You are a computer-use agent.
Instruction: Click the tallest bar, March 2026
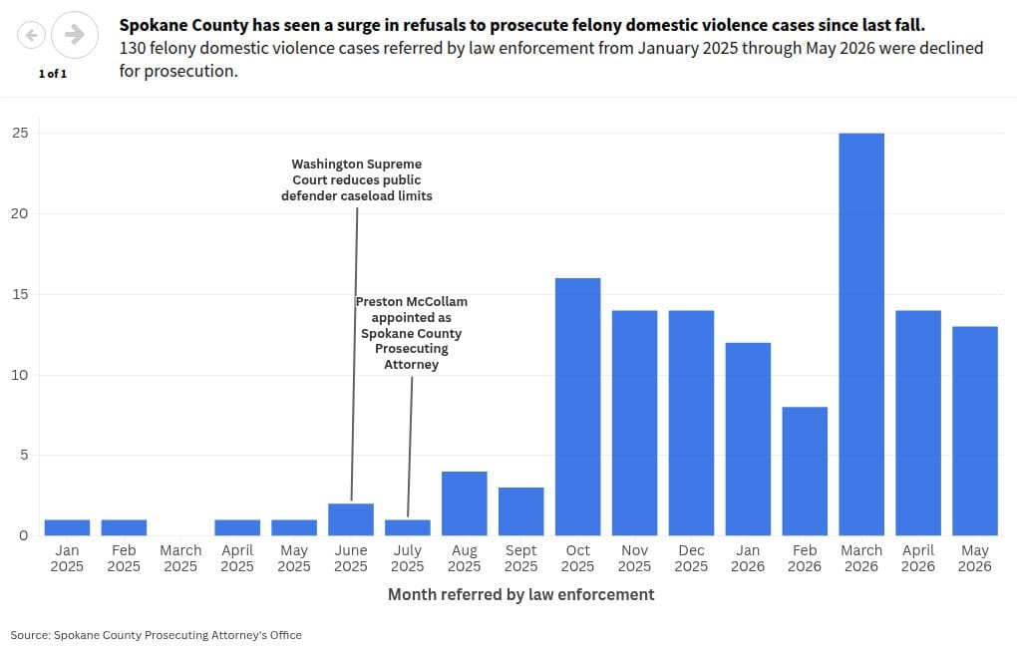pyautogui.click(x=861, y=334)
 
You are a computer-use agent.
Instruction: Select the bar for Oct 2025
pyautogui.click(x=578, y=407)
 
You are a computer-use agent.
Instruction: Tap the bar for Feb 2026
pyautogui.click(x=805, y=472)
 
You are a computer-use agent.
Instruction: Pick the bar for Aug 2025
pyautogui.click(x=465, y=503)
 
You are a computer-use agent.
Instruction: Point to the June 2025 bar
pyautogui.click(x=351, y=519)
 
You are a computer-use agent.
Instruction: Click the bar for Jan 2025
pyautogui.click(x=68, y=527)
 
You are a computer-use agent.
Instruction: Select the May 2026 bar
pyautogui.click(x=975, y=432)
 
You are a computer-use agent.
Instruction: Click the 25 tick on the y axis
pyautogui.click(x=20, y=133)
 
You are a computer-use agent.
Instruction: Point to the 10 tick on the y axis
pyautogui.click(x=20, y=375)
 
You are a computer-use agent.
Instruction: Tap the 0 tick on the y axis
pyautogui.click(x=24, y=535)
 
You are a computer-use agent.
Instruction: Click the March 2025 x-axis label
pyautogui.click(x=180, y=558)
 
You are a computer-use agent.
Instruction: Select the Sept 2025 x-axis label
pyautogui.click(x=520, y=558)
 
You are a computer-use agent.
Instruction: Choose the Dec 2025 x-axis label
pyautogui.click(x=691, y=558)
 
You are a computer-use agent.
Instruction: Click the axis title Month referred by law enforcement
pyautogui.click(x=520, y=594)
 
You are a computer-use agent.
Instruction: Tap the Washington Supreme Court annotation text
pyautogui.click(x=357, y=180)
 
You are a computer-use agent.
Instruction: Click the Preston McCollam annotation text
pyautogui.click(x=411, y=333)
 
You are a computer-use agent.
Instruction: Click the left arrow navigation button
pyautogui.click(x=31, y=34)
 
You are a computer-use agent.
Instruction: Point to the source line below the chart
pyautogui.click(x=157, y=635)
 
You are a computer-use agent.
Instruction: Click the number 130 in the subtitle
pyautogui.click(x=132, y=49)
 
